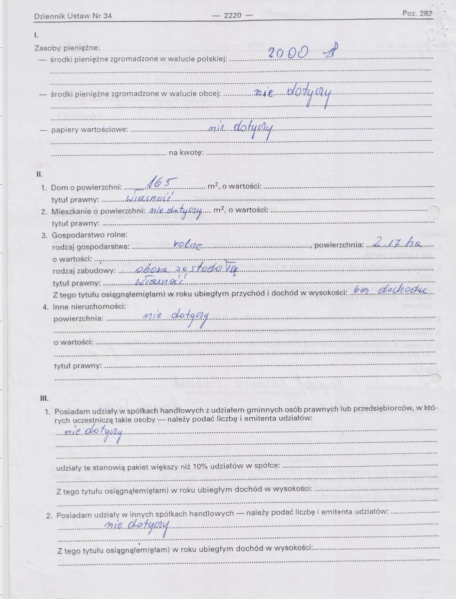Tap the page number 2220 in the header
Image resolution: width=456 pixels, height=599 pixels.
(x=232, y=15)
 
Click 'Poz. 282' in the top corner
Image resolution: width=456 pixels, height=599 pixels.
(x=417, y=13)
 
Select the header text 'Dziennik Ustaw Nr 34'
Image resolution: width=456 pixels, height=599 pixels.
(x=73, y=16)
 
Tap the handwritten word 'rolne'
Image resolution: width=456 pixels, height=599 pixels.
(x=188, y=245)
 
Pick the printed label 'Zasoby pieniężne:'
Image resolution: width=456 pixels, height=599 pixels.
(x=67, y=48)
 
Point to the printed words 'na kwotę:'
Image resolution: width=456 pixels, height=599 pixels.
(x=185, y=153)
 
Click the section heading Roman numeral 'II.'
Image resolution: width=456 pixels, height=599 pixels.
(x=38, y=175)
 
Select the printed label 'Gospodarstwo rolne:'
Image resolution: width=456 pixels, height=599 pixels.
(x=90, y=235)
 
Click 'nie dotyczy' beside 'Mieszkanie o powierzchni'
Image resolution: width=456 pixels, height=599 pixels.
(x=176, y=211)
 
